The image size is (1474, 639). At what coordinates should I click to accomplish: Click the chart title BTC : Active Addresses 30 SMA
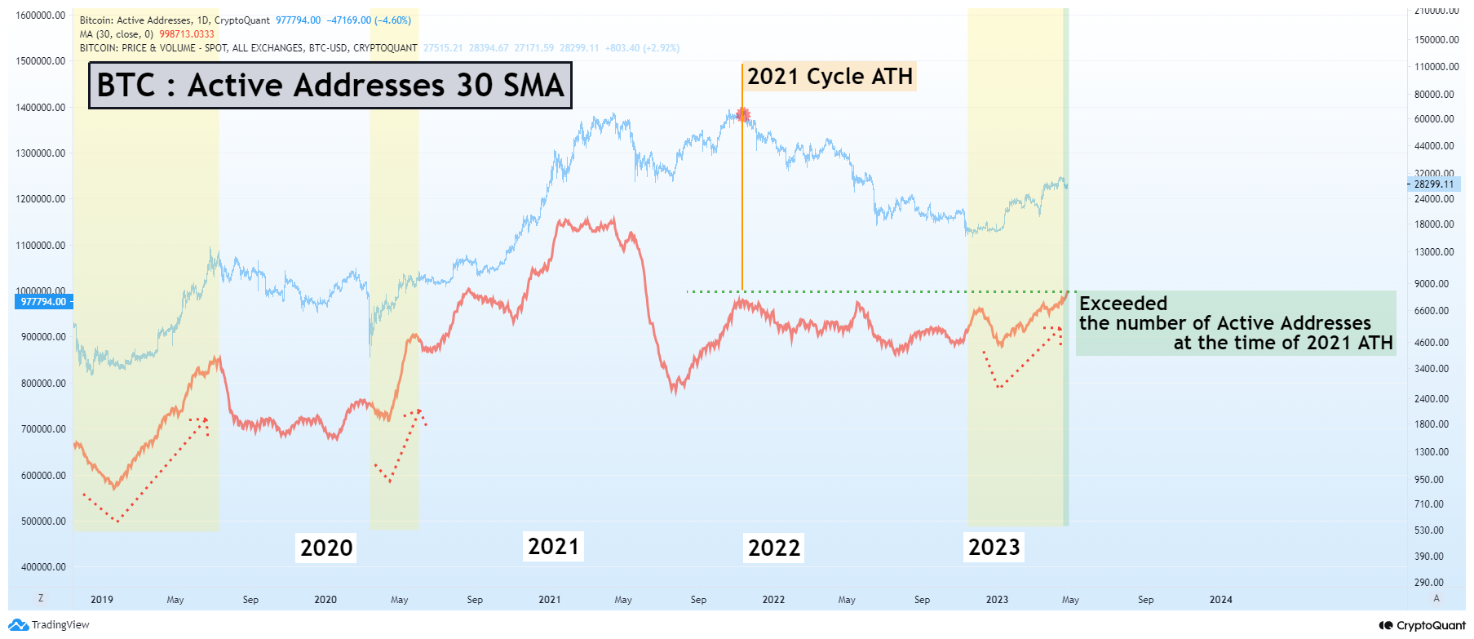[x=330, y=86]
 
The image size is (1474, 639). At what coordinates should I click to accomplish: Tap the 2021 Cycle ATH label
[x=830, y=77]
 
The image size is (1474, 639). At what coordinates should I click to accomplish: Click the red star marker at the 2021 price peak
[x=742, y=115]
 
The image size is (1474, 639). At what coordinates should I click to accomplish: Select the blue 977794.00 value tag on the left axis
[x=43, y=302]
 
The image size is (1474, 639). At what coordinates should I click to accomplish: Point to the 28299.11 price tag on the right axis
[x=1434, y=184]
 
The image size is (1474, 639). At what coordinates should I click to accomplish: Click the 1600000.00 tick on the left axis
[x=41, y=16]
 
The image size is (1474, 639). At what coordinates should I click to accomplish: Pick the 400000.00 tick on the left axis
[x=41, y=567]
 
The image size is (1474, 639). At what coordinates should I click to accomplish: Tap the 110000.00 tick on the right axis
[x=1436, y=67]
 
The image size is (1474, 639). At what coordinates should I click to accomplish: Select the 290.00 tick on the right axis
[x=1429, y=583]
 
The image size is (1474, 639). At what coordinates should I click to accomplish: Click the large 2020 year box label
[x=326, y=548]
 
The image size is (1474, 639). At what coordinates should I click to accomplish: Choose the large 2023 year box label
[x=994, y=547]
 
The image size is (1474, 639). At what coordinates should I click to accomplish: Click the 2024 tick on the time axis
[x=1220, y=600]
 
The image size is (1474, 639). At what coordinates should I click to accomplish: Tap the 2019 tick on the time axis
[x=102, y=600]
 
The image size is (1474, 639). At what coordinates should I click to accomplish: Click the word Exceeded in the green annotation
[x=1123, y=304]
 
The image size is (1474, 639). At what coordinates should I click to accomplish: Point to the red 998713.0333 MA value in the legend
[x=187, y=34]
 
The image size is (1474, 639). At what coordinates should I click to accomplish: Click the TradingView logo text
[x=60, y=625]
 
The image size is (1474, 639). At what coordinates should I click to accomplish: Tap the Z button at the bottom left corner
[x=41, y=598]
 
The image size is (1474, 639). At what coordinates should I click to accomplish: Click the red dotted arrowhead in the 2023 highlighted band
[x=1058, y=330]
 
